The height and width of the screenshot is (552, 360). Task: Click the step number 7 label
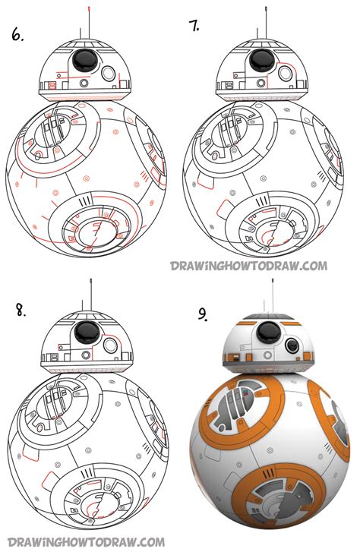point(195,27)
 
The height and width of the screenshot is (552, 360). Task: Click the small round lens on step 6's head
point(108,74)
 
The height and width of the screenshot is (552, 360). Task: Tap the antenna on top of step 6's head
point(90,19)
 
